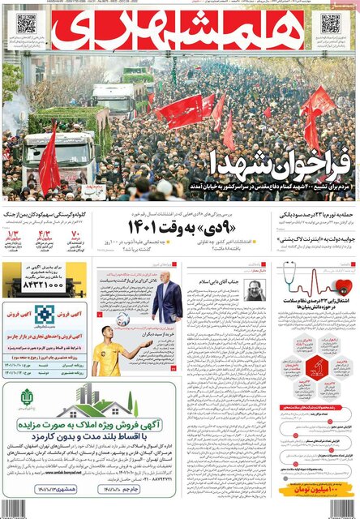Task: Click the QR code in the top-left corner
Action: point(26,24)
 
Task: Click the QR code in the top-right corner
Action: point(330,24)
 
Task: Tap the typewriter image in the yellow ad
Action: point(77,292)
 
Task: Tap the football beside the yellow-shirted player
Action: point(123,320)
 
